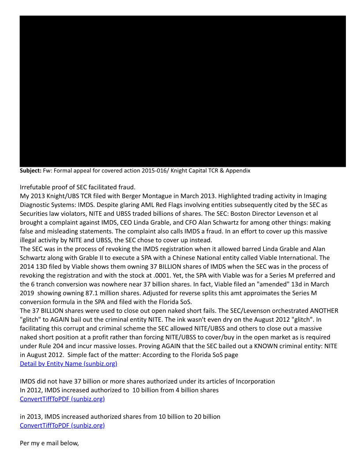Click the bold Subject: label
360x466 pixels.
pyautogui.click(x=30, y=171)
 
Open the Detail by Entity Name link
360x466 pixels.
pyautogui.click(x=68, y=364)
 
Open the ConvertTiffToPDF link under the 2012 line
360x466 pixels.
pyautogui.click(x=62, y=399)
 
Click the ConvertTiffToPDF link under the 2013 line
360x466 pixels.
pyautogui.click(x=62, y=426)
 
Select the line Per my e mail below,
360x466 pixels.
pyautogui.click(x=49, y=443)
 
